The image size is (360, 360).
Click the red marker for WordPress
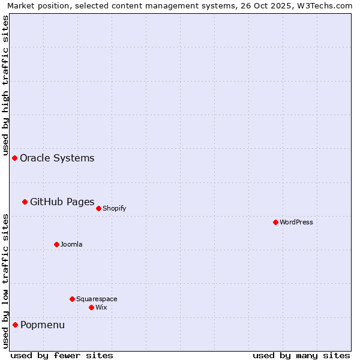tap(275, 222)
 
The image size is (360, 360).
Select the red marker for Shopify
tap(98, 208)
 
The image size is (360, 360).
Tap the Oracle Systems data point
tap(14, 158)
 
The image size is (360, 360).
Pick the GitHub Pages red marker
tap(25, 202)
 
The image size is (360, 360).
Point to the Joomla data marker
tap(56, 244)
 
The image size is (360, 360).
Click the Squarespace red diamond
tap(72, 299)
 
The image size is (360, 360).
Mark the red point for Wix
tap(91, 307)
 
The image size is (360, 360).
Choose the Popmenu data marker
tap(15, 325)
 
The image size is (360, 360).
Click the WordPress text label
tap(296, 222)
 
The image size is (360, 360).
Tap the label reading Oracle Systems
tap(57, 158)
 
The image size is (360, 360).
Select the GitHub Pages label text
tap(62, 202)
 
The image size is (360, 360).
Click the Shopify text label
tap(114, 208)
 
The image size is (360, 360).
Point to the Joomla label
tap(71, 244)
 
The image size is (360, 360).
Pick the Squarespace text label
tap(97, 299)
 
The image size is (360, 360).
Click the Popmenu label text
tap(43, 325)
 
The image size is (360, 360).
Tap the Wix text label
tap(101, 307)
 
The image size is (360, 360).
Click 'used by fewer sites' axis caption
tap(62, 355)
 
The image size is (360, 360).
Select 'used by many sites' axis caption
tap(301, 355)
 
